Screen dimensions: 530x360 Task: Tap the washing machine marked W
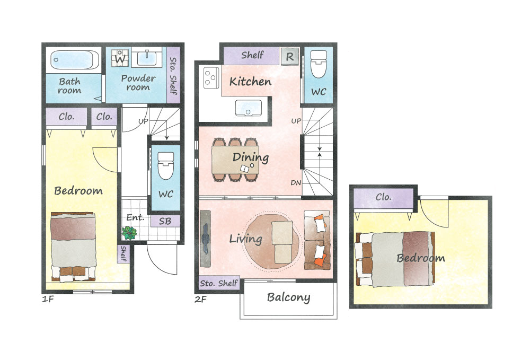(120, 58)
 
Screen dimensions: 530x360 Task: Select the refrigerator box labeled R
(290, 56)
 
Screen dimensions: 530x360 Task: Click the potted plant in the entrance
(129, 233)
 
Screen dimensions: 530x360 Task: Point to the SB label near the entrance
(165, 222)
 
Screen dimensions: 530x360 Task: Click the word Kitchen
(250, 82)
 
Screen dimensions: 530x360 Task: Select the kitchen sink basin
(249, 108)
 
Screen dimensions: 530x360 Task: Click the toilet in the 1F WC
(165, 165)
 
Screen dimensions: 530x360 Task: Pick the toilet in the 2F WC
(319, 64)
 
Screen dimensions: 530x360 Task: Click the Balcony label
(288, 297)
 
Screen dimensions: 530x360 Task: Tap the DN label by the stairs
(296, 183)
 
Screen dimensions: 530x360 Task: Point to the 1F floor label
(48, 299)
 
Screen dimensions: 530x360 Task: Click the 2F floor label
(200, 299)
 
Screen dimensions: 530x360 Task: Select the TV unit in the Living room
(205, 238)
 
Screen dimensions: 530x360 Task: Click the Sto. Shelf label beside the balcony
(219, 283)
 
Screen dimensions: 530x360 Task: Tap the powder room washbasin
(147, 57)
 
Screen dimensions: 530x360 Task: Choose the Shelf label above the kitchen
(252, 55)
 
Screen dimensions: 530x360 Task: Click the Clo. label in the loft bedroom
(383, 197)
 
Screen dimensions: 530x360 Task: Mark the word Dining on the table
(251, 157)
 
